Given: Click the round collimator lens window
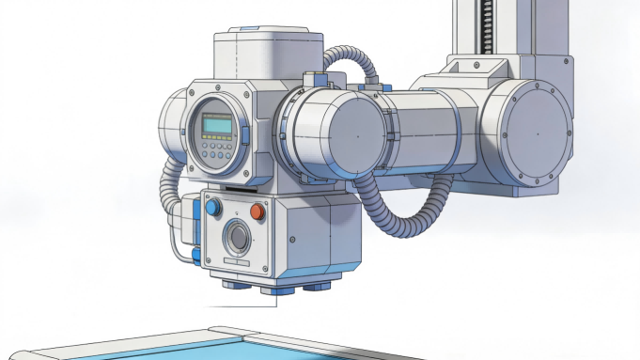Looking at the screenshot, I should pos(237,239).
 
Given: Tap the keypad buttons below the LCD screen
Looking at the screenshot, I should pos(215,149).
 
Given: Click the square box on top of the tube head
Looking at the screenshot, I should pos(268,56).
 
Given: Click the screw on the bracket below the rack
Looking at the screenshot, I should pos(477,66).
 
